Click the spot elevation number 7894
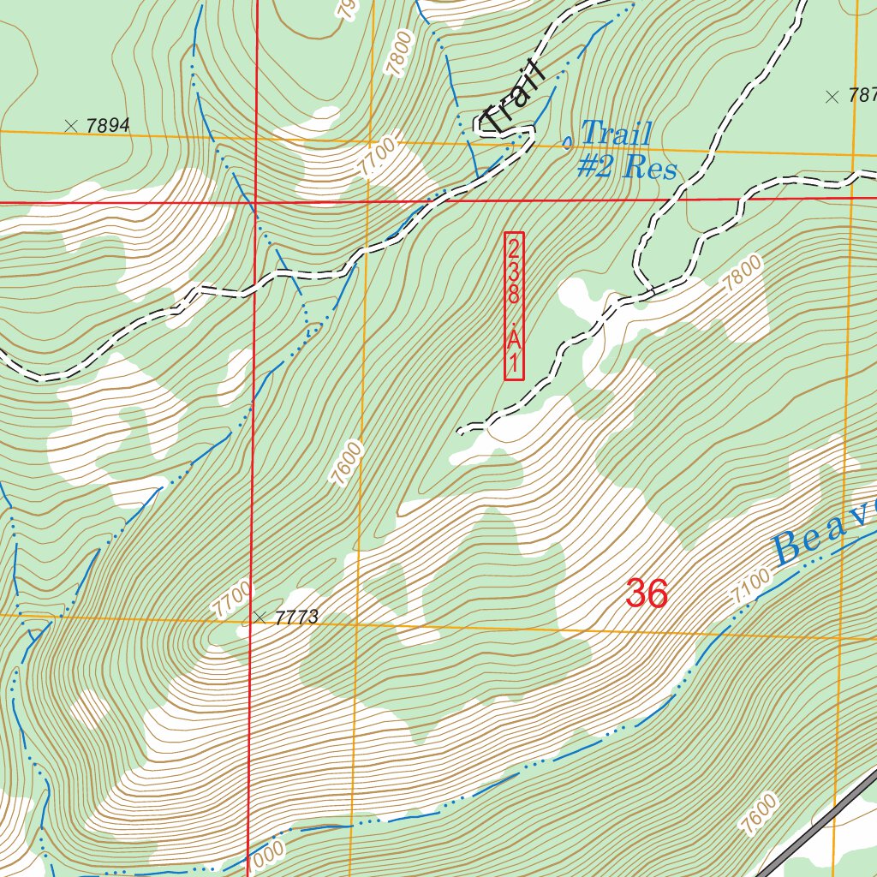(108, 126)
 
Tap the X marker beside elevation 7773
(260, 617)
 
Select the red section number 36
(647, 594)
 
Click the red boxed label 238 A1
(514, 306)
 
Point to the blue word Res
(651, 167)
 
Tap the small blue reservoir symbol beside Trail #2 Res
(566, 142)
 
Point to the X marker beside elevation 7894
(71, 126)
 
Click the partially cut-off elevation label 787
(860, 96)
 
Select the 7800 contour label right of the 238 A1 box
(742, 279)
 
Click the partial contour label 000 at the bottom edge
(268, 856)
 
